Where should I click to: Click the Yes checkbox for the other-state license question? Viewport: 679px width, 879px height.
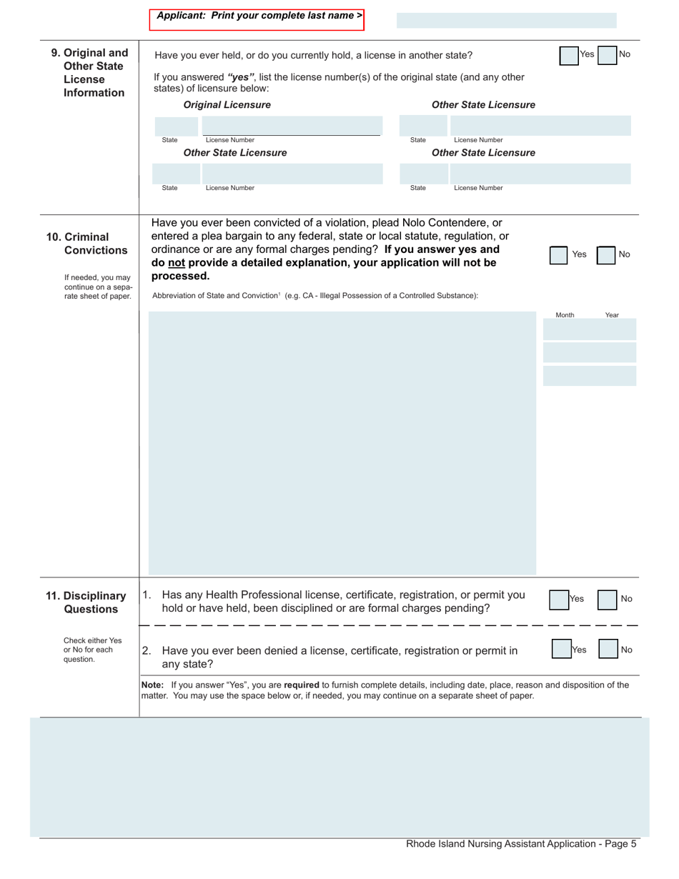pyautogui.click(x=569, y=56)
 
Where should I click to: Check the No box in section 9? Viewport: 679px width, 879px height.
pyautogui.click(x=606, y=56)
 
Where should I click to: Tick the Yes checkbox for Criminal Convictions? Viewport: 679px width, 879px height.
pyautogui.click(x=559, y=255)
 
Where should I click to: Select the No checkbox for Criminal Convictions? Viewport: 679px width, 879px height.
pyautogui.click(x=606, y=255)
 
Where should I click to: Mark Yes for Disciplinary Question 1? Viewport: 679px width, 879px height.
pyautogui.click(x=559, y=600)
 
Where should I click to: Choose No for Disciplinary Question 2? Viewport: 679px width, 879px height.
pyautogui.click(x=608, y=650)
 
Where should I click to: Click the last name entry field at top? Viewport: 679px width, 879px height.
pyautogui.click(x=506, y=20)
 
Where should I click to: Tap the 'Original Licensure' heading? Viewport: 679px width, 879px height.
pyautogui.click(x=227, y=105)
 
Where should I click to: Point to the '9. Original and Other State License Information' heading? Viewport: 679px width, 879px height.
pyautogui.click(x=89, y=73)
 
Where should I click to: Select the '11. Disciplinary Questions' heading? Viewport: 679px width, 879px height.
pyautogui.click(x=86, y=602)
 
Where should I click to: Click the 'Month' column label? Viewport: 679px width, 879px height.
pyautogui.click(x=565, y=315)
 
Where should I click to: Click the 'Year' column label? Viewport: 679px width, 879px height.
pyautogui.click(x=612, y=315)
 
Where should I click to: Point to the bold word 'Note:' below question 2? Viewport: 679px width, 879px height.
pyautogui.click(x=153, y=685)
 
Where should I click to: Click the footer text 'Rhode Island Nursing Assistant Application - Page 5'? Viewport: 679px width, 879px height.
pyautogui.click(x=521, y=844)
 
